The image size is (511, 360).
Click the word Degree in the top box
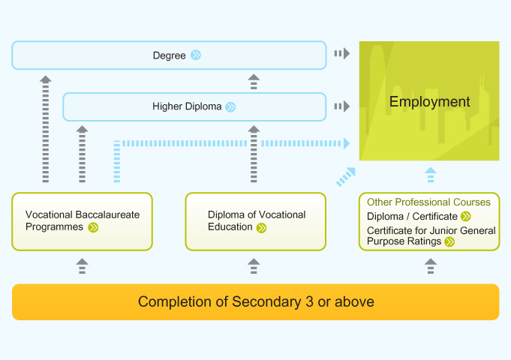pos(169,55)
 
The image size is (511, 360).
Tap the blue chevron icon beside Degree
pos(196,55)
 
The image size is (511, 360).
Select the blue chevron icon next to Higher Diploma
pos(230,106)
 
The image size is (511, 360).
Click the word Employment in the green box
pos(429,102)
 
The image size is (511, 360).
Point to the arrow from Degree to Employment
pos(342,53)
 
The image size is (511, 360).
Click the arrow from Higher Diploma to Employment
pos(342,106)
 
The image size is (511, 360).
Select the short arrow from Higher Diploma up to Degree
pos(254,82)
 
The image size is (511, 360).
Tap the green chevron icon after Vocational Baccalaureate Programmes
pos(93,227)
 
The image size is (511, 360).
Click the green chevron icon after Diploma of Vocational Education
pos(261,228)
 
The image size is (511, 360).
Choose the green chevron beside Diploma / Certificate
pos(466,216)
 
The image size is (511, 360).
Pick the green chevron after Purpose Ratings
pos(449,241)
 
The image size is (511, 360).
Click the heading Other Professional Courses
pos(428,202)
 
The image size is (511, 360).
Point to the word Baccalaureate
pos(107,214)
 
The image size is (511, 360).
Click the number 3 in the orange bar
pos(309,301)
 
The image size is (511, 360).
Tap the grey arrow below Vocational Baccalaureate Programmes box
pos(82,266)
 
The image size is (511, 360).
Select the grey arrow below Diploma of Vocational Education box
pos(254,266)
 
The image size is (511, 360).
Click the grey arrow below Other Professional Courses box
pos(431,266)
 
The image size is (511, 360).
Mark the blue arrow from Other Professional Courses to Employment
pos(431,175)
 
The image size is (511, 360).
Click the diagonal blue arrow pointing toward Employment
pos(346,177)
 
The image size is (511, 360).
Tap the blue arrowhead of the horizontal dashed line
pos(347,143)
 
